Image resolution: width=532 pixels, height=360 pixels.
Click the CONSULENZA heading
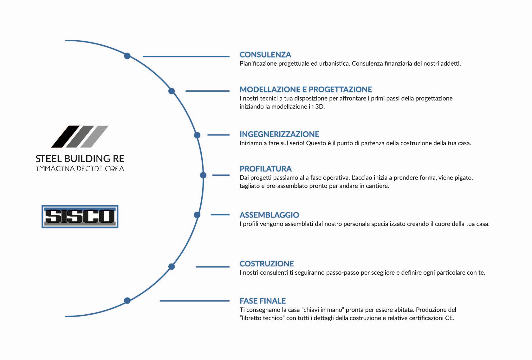click(x=265, y=55)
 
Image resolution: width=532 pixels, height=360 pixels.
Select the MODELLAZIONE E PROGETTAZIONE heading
click(x=306, y=89)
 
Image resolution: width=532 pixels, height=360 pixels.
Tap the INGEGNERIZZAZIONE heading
click(x=279, y=134)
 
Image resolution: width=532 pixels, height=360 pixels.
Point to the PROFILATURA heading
click(x=265, y=169)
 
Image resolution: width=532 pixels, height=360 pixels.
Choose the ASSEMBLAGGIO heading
click(x=269, y=215)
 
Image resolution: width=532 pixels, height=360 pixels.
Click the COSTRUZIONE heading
click(x=267, y=264)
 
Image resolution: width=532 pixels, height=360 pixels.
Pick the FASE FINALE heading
click(x=263, y=301)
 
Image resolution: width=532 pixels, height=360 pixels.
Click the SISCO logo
click(x=80, y=216)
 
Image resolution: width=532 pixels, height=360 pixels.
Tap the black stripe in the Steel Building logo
click(x=66, y=136)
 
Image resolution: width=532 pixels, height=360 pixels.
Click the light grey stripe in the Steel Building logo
click(x=95, y=136)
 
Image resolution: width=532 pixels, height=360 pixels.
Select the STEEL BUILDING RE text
click(x=80, y=159)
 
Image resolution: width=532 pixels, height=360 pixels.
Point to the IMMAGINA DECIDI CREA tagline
click(x=80, y=169)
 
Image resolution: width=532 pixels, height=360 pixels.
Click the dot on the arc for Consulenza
click(x=127, y=56)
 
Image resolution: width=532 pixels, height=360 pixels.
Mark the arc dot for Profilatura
click(x=203, y=175)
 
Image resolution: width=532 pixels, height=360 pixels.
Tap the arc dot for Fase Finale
click(x=127, y=301)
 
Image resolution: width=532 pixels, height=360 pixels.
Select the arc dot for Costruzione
click(x=172, y=266)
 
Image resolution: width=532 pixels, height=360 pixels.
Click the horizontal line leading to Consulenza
click(x=186, y=56)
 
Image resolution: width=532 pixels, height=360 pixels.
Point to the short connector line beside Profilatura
click(x=221, y=175)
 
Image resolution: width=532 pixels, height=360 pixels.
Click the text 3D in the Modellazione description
click(x=319, y=107)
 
